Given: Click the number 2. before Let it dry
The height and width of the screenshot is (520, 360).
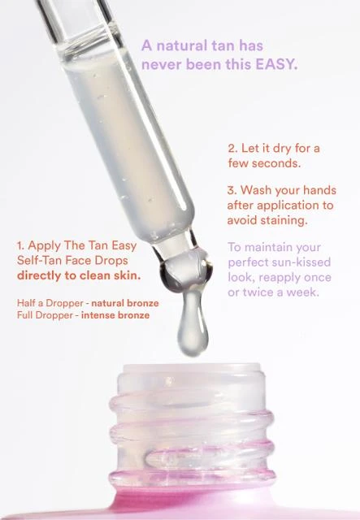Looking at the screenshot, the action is tap(232, 148).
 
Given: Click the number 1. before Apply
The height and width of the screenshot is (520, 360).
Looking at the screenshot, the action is tap(20, 245).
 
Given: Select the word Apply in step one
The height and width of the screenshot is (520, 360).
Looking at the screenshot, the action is tap(45, 246).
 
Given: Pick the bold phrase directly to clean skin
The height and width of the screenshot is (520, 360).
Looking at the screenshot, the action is tap(79, 275).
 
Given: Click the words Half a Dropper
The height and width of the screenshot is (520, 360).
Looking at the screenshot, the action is tap(50, 303).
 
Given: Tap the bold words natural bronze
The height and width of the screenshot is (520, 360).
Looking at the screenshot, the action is tap(125, 303).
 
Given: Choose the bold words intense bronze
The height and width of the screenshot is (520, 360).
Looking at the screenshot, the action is tap(115, 315).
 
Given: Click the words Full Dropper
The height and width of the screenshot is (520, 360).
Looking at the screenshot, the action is tap(45, 315).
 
